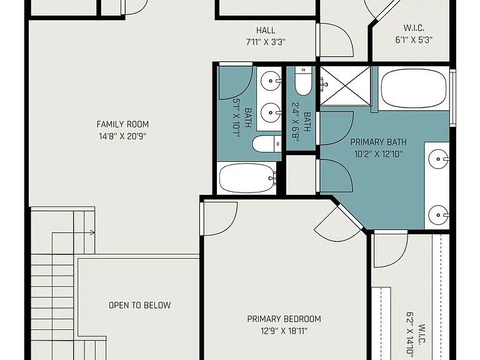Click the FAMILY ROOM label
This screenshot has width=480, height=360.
pyautogui.click(x=122, y=124)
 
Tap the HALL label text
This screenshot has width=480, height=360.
pyautogui.click(x=266, y=30)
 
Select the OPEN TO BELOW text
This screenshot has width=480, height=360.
pyautogui.click(x=139, y=305)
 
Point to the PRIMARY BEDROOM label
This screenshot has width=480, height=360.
pyautogui.click(x=284, y=319)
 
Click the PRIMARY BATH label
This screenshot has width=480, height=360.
pyautogui.click(x=378, y=142)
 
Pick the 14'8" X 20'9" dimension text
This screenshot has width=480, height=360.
pyautogui.click(x=122, y=136)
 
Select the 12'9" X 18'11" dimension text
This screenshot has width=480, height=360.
pyautogui.click(x=284, y=331)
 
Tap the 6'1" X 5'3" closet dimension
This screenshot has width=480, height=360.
pyautogui.click(x=414, y=40)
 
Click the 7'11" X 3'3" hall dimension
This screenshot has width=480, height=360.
pyautogui.click(x=266, y=42)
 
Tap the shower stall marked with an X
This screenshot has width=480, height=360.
pyautogui.click(x=345, y=86)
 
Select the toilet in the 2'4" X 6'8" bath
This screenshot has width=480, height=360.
pyautogui.click(x=303, y=81)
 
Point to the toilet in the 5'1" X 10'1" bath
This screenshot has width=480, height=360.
pyautogui.click(x=267, y=144)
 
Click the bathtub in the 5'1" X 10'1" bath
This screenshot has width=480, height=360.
pyautogui.click(x=247, y=178)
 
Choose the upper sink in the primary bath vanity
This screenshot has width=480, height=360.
pyautogui.click(x=438, y=159)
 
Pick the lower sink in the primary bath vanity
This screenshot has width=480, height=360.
pyautogui.click(x=438, y=215)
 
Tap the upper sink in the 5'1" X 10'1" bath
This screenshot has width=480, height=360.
pyautogui.click(x=271, y=81)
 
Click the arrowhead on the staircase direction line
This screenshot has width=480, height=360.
pyautogui.click(x=92, y=233)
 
